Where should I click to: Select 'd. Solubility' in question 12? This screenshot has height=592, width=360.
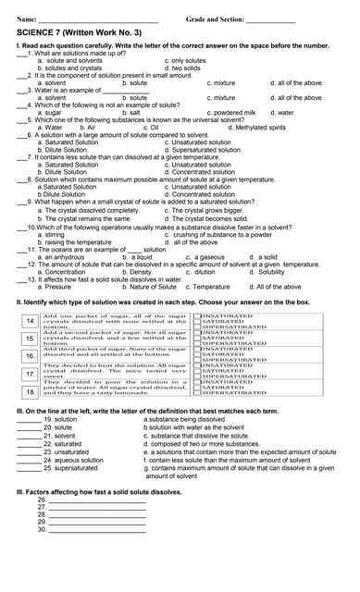click(x=267, y=272)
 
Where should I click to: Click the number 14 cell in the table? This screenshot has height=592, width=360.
click(x=30, y=321)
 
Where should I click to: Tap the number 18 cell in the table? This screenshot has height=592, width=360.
click(x=30, y=391)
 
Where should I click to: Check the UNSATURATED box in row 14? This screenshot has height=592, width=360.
click(x=197, y=315)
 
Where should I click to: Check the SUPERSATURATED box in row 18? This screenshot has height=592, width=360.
click(x=197, y=397)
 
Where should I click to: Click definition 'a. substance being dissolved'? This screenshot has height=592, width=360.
click(x=184, y=419)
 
